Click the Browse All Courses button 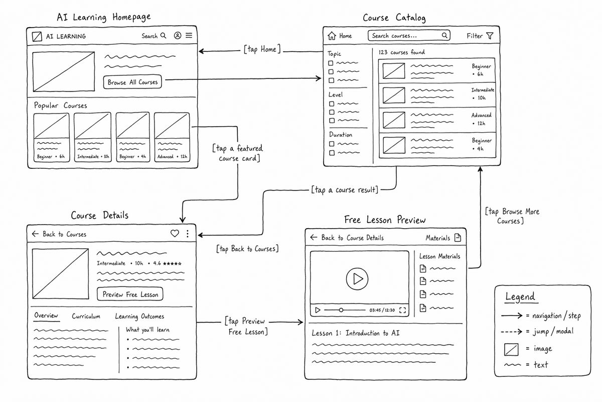pyautogui.click(x=132, y=82)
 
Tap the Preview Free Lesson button pyautogui.click(x=130, y=294)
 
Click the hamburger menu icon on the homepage pyautogui.click(x=189, y=35)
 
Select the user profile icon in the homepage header pyautogui.click(x=178, y=35)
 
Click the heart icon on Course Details pyautogui.click(x=175, y=233)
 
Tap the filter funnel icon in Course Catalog pyautogui.click(x=490, y=36)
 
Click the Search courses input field pyautogui.click(x=409, y=36)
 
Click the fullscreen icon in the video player pyautogui.click(x=402, y=310)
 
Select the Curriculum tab pyautogui.click(x=86, y=316)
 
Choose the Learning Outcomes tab pyautogui.click(x=139, y=317)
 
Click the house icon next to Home pyautogui.click(x=332, y=36)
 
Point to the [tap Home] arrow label pyautogui.click(x=262, y=49)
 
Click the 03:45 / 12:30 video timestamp pyautogui.click(x=382, y=310)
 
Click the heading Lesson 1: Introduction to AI pyautogui.click(x=356, y=333)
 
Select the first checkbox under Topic pyautogui.click(x=331, y=63)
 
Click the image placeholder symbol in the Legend pyautogui.click(x=511, y=349)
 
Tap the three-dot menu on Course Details pyautogui.click(x=188, y=234)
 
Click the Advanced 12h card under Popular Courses pyautogui.click(x=172, y=137)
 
